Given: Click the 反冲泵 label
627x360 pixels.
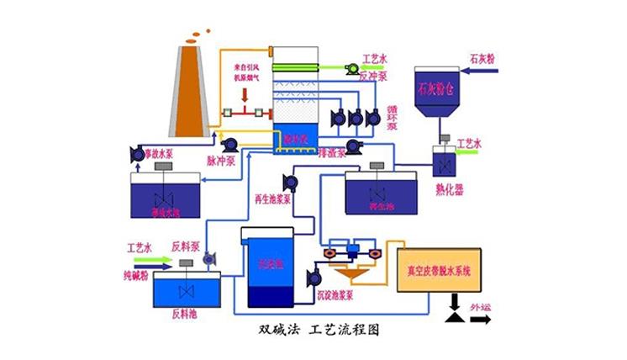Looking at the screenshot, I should click(372, 76).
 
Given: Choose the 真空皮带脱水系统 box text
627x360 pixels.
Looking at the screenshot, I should click(440, 270).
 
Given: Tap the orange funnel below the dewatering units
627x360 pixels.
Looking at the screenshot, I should click(350, 275).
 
